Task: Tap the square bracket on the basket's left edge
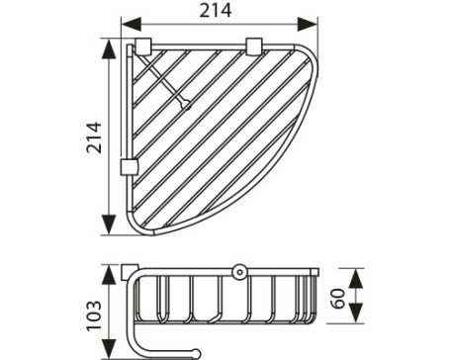click(x=127, y=164)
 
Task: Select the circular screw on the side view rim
click(x=237, y=270)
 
